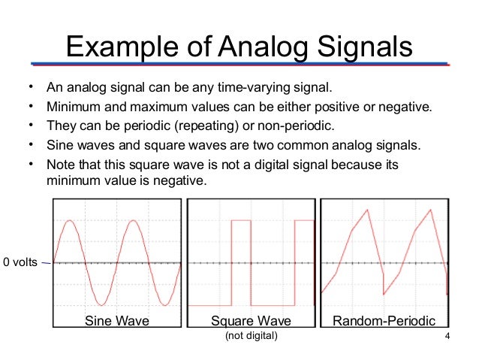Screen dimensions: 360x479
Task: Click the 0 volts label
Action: [x=20, y=262]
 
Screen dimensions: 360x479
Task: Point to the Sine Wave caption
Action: [x=116, y=321]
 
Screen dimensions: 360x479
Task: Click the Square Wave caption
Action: [x=251, y=321]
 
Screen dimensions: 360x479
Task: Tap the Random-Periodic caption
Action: [x=384, y=321]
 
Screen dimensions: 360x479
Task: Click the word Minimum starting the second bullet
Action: [x=71, y=105]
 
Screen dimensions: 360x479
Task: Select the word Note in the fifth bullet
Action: [x=60, y=164]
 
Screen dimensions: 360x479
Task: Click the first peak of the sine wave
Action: [x=70, y=221]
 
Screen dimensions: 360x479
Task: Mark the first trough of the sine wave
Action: [x=101, y=304]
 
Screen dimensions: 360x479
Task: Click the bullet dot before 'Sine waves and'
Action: [x=31, y=144]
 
